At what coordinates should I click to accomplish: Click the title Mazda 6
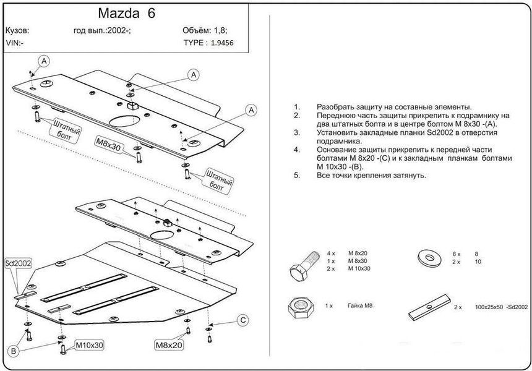click(127, 13)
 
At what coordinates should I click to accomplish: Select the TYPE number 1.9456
click(222, 43)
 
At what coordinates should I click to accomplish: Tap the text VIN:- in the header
click(15, 43)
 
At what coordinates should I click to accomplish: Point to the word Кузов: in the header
click(17, 30)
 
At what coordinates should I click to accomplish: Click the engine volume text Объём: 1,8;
click(205, 30)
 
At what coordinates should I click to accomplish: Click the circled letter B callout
click(14, 351)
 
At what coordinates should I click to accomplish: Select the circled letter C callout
click(243, 320)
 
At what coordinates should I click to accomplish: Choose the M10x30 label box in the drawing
click(89, 346)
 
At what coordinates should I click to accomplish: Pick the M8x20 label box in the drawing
click(169, 345)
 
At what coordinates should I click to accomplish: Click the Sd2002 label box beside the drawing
click(19, 263)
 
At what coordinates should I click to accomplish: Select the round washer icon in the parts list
click(429, 257)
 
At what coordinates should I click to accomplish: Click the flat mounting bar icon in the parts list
click(430, 307)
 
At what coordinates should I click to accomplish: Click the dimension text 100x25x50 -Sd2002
click(502, 307)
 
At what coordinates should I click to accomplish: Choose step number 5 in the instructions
click(297, 176)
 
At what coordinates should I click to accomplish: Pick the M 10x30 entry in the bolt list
click(359, 268)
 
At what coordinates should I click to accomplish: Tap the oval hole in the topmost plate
click(125, 121)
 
